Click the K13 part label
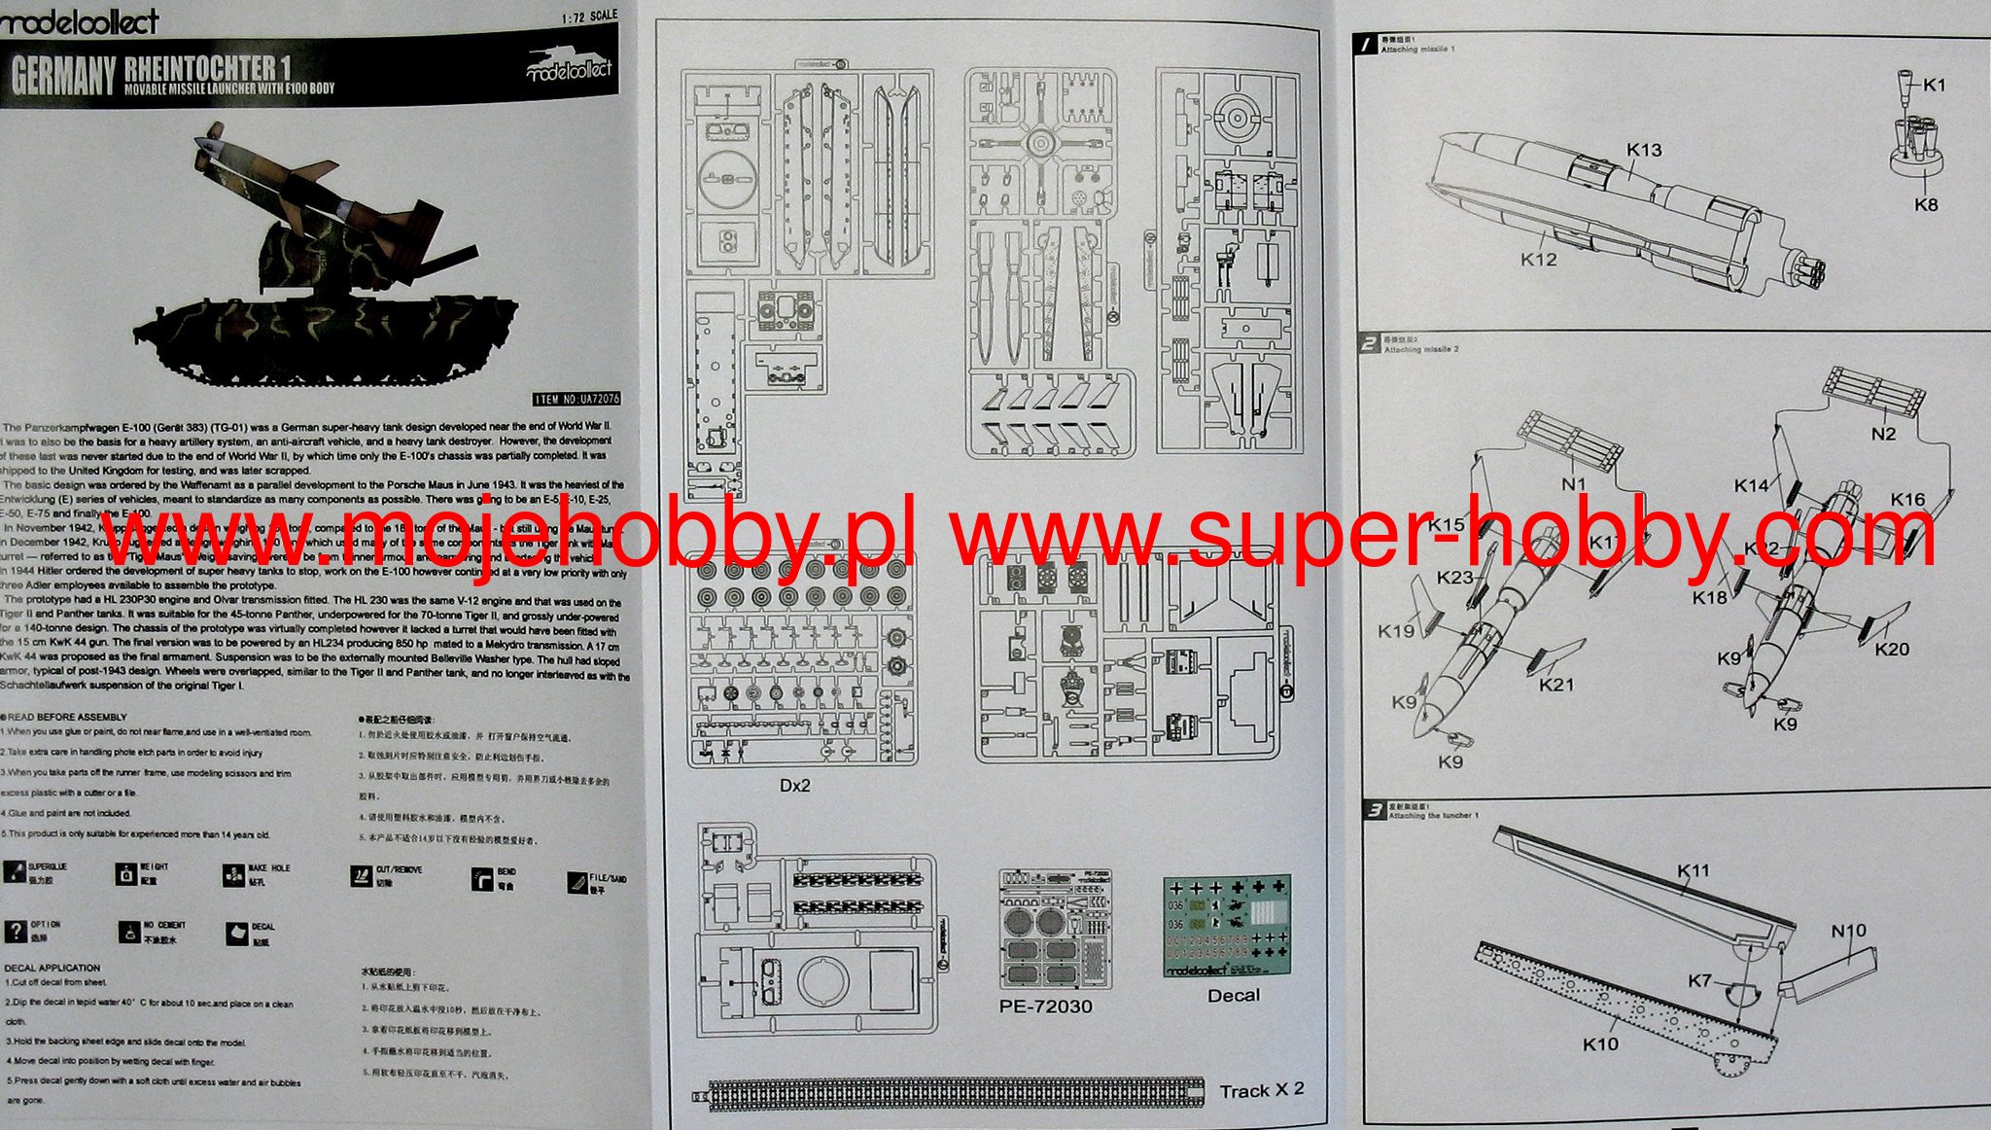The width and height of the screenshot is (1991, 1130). (x=1644, y=150)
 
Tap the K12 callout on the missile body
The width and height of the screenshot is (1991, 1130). (x=1538, y=260)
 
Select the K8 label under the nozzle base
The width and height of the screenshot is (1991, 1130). (x=1926, y=205)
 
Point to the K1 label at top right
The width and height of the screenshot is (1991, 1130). (x=1935, y=85)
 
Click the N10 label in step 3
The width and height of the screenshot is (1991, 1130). (x=1848, y=931)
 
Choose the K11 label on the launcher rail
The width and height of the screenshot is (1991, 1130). (x=1693, y=871)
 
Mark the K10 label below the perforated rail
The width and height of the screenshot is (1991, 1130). (x=1600, y=1044)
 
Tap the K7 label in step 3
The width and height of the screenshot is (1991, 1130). (x=1699, y=981)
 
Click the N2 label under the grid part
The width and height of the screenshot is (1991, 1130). (x=1883, y=434)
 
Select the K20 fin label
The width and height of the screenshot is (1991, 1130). (x=1892, y=650)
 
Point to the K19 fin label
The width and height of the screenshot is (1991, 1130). (x=1396, y=631)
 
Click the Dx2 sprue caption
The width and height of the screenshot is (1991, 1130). (x=794, y=785)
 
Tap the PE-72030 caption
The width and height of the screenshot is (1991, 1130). (x=1045, y=1006)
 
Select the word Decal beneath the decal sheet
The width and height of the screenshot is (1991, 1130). (x=1233, y=996)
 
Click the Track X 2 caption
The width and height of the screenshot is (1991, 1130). (x=1262, y=1090)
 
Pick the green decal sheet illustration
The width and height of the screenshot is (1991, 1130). (x=1227, y=928)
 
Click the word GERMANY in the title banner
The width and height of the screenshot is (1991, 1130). (x=63, y=77)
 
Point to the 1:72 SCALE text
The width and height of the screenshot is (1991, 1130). (x=589, y=18)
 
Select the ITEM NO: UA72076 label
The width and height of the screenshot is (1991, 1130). (x=576, y=399)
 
